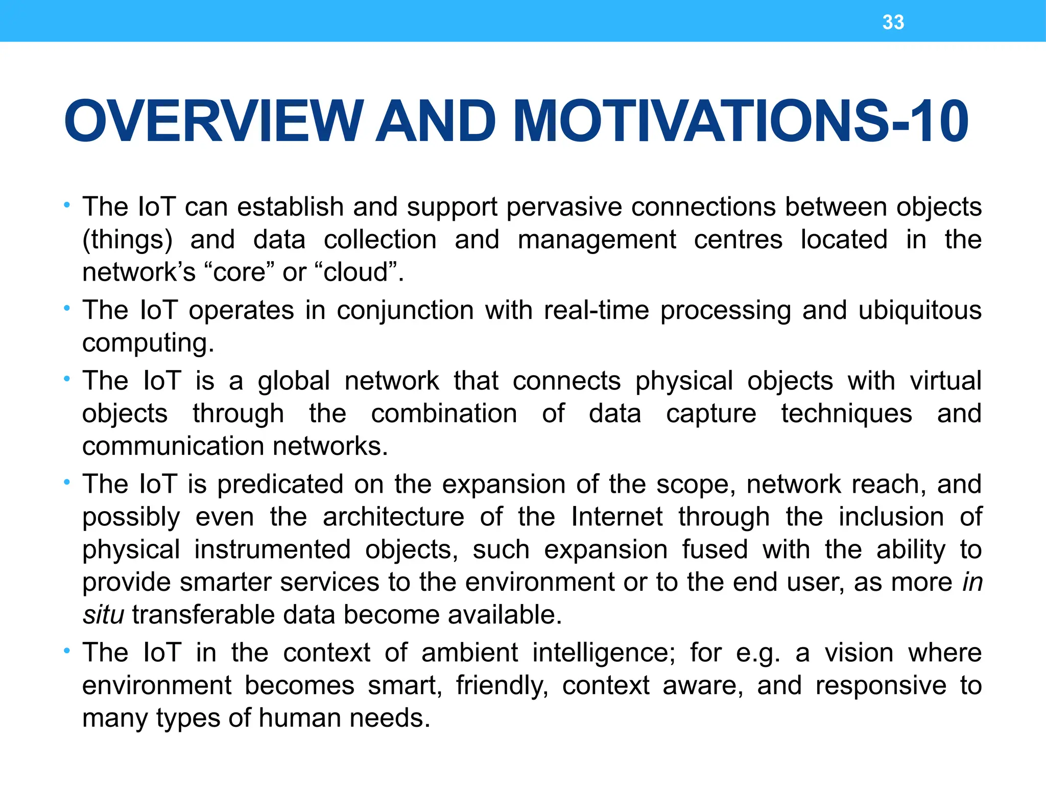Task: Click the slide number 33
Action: click(x=893, y=22)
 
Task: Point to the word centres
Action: click(x=738, y=240)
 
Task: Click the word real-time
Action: click(x=597, y=310)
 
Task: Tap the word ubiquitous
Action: click(x=919, y=311)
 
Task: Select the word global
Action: click(x=294, y=382)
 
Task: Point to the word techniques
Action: click(x=846, y=414)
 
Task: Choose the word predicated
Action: click(x=280, y=484)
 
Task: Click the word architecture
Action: click(x=393, y=517)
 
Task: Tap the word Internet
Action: click(x=617, y=517)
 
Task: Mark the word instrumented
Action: click(x=272, y=550)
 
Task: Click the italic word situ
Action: click(x=103, y=615)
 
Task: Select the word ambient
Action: click(x=469, y=653)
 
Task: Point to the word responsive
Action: click(x=881, y=686)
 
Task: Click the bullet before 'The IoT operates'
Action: click(x=66, y=308)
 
